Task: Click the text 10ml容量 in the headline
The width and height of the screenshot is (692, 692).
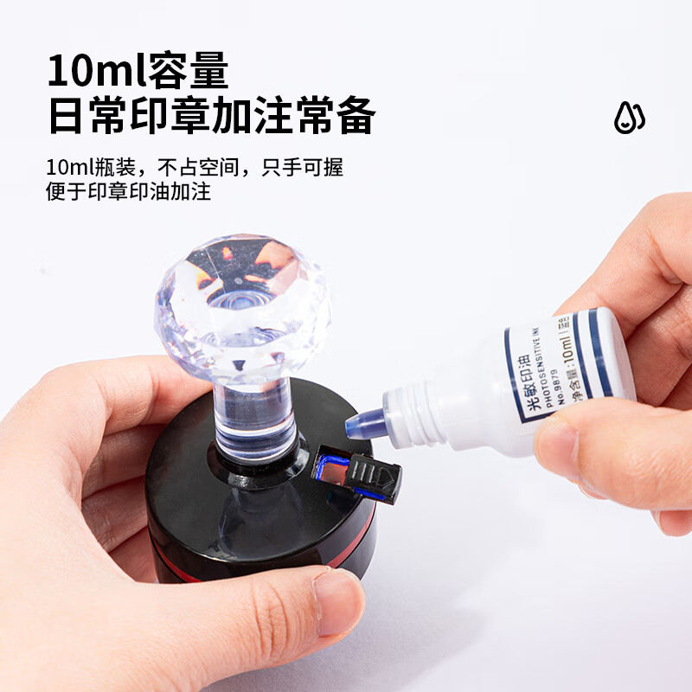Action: click(138, 70)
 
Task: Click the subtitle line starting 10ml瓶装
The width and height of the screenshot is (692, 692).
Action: click(194, 166)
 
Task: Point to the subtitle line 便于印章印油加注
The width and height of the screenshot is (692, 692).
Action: click(128, 191)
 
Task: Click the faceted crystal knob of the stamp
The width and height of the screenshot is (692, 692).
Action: click(241, 298)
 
